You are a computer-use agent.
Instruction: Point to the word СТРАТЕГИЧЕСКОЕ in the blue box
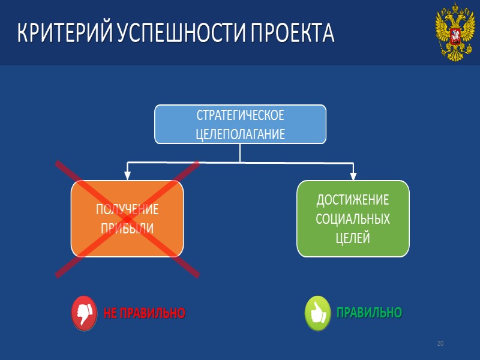click(x=240, y=115)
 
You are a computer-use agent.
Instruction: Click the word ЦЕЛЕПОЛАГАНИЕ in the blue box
click(x=240, y=134)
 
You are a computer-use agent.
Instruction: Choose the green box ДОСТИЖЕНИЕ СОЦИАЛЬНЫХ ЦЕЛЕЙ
click(x=353, y=218)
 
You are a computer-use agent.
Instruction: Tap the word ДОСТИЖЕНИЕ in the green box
click(x=353, y=200)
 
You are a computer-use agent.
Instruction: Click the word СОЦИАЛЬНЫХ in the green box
click(x=353, y=219)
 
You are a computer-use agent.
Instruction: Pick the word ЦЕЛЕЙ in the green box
click(x=353, y=238)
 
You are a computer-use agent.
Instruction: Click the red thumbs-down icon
click(x=84, y=313)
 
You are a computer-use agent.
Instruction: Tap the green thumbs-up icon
click(x=318, y=313)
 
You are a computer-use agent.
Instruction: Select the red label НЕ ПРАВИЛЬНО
click(x=144, y=313)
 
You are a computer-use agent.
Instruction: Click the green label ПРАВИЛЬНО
click(x=368, y=313)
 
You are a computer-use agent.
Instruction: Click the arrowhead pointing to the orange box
click(x=127, y=176)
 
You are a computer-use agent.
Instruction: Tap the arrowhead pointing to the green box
click(x=353, y=176)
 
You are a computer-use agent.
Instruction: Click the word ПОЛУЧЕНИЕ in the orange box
click(x=127, y=209)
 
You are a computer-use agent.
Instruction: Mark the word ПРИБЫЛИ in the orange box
click(x=127, y=229)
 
